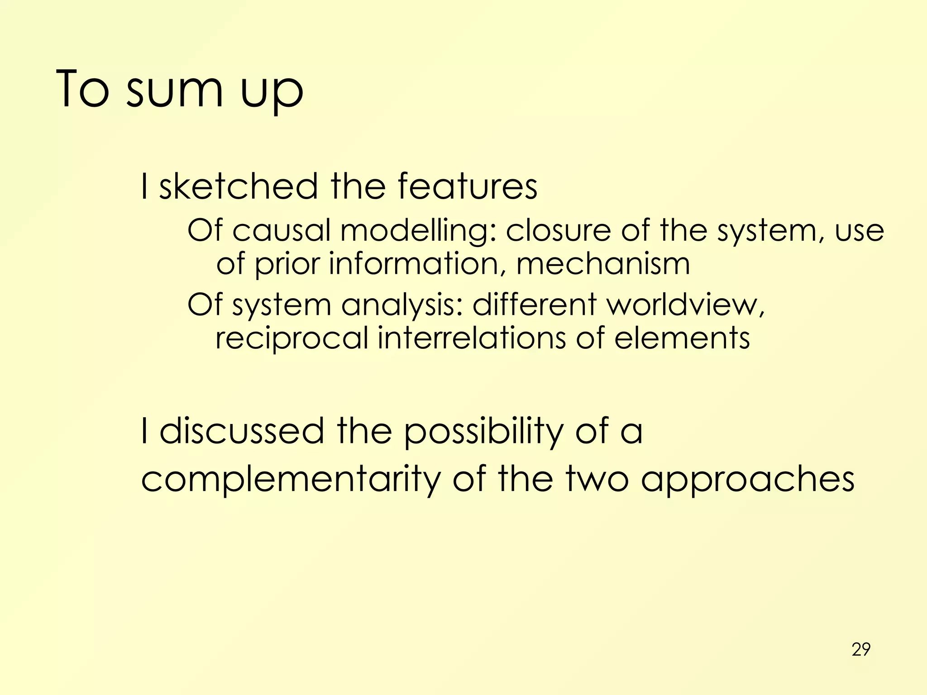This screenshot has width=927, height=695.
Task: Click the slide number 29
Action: [860, 649]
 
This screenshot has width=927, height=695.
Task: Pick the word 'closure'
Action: [558, 231]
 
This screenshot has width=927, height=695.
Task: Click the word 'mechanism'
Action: [603, 264]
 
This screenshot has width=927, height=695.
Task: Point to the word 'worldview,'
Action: [686, 305]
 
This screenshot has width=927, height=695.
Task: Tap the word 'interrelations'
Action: [472, 338]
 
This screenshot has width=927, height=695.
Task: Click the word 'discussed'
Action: [242, 431]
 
